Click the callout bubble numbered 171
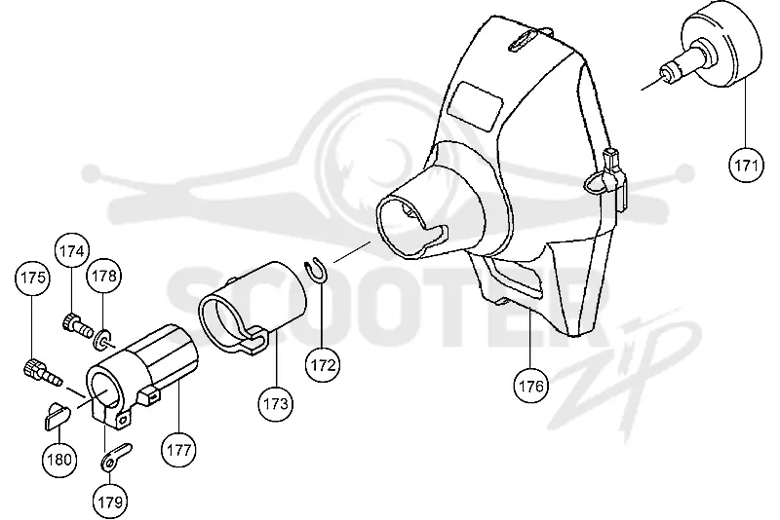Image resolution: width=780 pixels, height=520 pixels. (746, 165)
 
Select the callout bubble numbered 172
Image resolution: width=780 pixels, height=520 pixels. (323, 364)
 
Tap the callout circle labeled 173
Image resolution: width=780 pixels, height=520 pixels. (276, 403)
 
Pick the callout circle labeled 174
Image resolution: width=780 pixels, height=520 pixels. (72, 251)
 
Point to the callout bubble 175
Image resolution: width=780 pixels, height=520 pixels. (33, 277)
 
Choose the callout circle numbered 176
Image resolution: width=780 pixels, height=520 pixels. (530, 385)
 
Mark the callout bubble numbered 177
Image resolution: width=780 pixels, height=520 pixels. (179, 450)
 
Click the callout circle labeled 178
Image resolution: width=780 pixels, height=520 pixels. (104, 276)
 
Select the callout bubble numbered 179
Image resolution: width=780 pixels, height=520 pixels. (110, 501)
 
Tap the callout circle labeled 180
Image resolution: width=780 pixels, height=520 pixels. (59, 459)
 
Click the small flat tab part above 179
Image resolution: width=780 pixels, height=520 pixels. (116, 457)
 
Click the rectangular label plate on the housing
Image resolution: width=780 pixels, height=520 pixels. (478, 107)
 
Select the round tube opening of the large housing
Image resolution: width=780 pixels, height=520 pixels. (401, 225)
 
